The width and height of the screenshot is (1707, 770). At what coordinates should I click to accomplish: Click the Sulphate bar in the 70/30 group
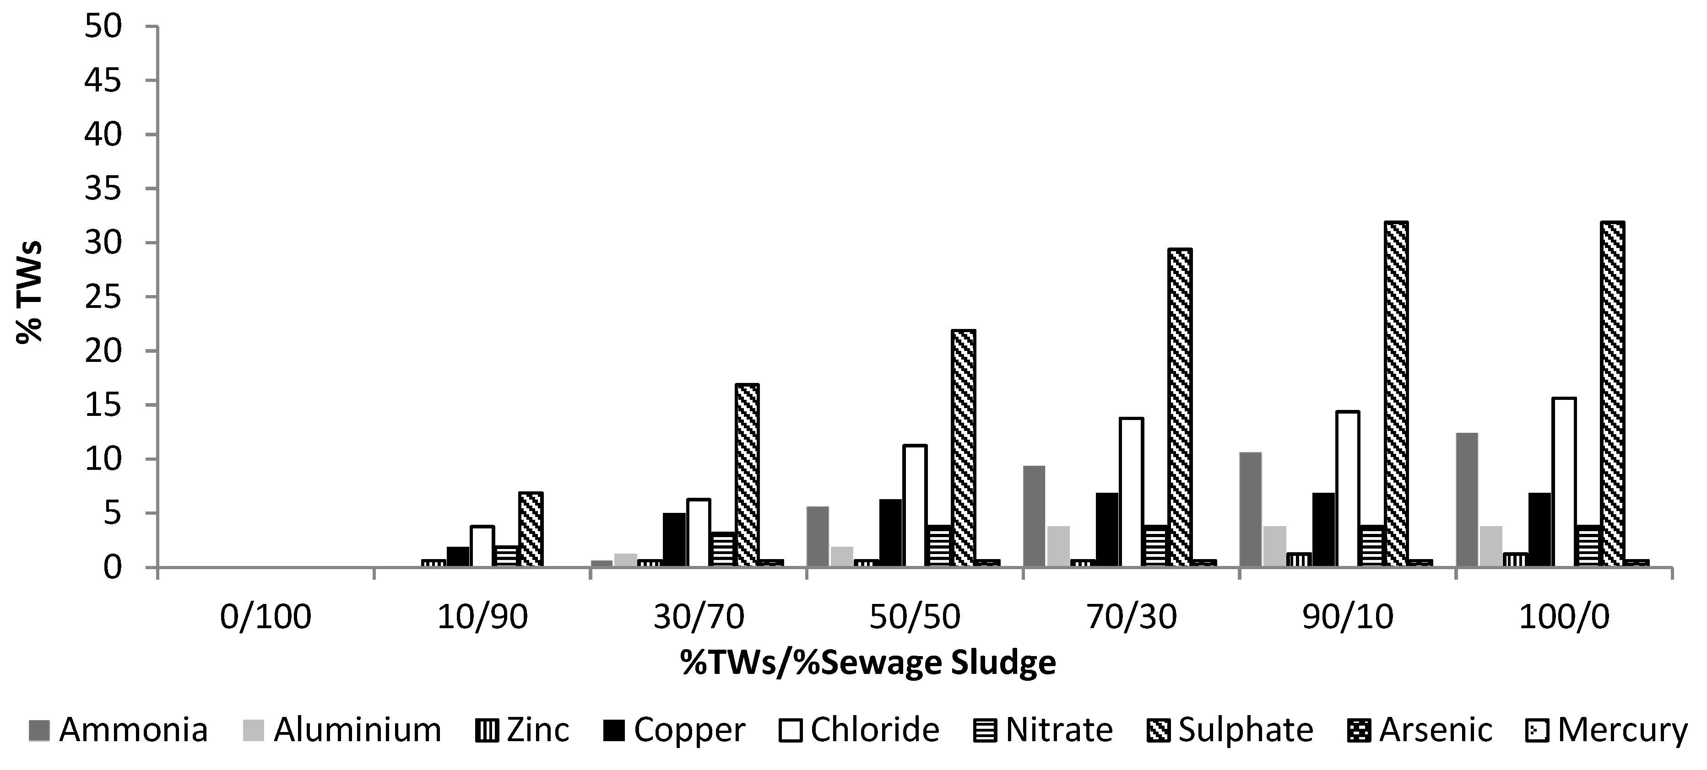[1180, 408]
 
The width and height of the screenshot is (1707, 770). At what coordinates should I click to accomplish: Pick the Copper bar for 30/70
[674, 539]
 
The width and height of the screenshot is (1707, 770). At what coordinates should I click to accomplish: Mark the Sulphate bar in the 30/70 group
[747, 475]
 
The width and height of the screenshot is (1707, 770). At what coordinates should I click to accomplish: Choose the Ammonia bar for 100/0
[1467, 500]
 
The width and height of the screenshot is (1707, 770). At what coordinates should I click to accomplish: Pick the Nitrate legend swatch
[1043, 730]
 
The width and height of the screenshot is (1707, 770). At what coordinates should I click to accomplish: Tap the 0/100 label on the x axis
[265, 618]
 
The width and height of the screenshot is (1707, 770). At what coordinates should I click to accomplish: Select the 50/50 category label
[915, 618]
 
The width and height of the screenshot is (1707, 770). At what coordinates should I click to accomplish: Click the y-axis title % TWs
[30, 291]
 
